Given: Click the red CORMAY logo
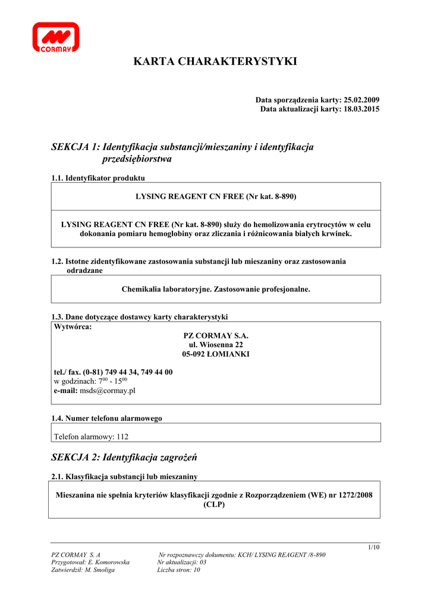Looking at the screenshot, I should tap(55, 38).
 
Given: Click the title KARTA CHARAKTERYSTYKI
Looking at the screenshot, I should tap(215, 62).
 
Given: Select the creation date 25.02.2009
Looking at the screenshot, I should tap(361, 99).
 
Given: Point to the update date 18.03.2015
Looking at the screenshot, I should tap(361, 109).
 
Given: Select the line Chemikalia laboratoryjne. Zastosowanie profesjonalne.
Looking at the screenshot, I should tap(216, 289).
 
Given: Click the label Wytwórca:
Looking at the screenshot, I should tap(73, 327).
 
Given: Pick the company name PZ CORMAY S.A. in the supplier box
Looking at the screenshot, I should tap(216, 336).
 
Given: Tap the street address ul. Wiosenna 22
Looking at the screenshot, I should tap(216, 345).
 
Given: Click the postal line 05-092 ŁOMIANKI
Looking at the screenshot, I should tap(216, 354).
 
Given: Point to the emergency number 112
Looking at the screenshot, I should tap(122, 437).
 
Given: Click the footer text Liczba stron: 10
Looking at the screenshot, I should tap(178, 570).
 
